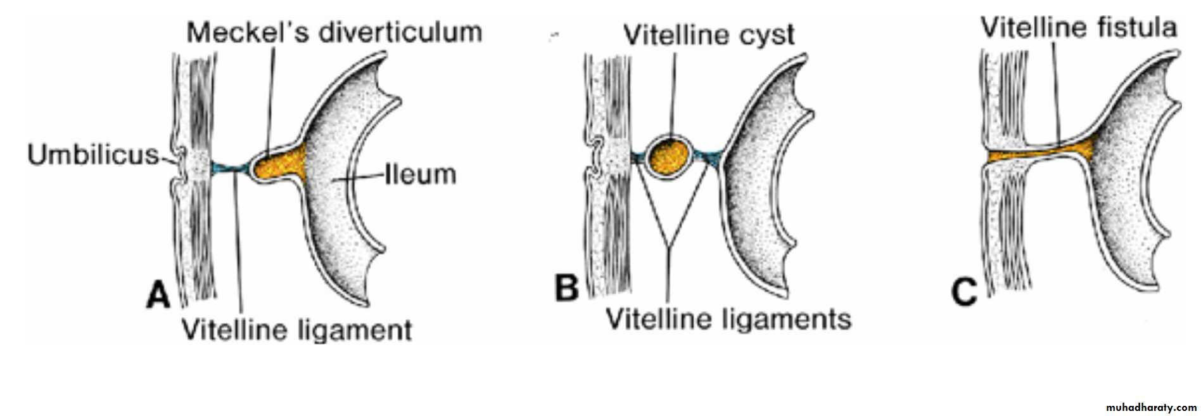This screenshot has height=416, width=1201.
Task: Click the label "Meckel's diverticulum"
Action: [334, 32]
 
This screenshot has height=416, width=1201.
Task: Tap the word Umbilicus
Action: [92, 154]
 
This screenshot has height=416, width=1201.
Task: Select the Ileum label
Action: [421, 174]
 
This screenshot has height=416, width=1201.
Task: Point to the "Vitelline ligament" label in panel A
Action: [296, 330]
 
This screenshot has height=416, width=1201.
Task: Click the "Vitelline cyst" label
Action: [709, 35]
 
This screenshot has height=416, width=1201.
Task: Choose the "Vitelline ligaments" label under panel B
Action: [728, 318]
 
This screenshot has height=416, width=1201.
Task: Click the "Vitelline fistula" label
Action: [1079, 27]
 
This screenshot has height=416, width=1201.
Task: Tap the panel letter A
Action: [158, 295]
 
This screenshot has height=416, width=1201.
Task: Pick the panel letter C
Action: [964, 292]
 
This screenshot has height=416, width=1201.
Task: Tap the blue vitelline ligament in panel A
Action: [228, 169]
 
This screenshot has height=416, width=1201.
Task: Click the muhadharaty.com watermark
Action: [1151, 407]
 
